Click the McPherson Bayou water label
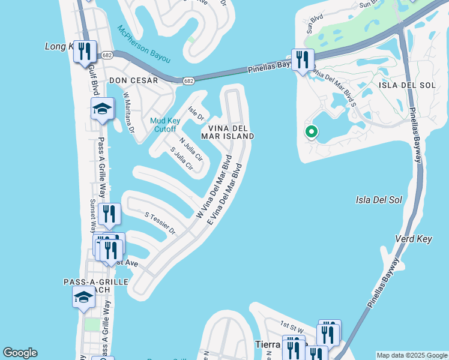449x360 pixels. pyautogui.click(x=143, y=45)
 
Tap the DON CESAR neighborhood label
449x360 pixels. pyautogui.click(x=133, y=80)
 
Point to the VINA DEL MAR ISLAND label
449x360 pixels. pyautogui.click(x=231, y=132)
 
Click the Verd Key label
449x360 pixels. pyautogui.click(x=414, y=239)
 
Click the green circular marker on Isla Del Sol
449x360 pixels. pyautogui.click(x=311, y=131)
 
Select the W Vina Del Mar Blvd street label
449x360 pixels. pyautogui.click(x=214, y=187)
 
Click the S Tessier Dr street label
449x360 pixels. pyautogui.click(x=160, y=223)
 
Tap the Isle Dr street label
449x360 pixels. pyautogui.click(x=196, y=112)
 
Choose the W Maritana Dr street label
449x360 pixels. pyautogui.click(x=128, y=112)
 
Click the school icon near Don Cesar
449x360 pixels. pyautogui.click(x=102, y=109)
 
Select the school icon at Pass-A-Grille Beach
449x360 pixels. pyautogui.click(x=83, y=296)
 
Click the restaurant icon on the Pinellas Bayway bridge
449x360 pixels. pyautogui.click(x=303, y=59)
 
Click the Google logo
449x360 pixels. pyautogui.click(x=20, y=353)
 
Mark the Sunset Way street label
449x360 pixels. pyautogui.click(x=93, y=215)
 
